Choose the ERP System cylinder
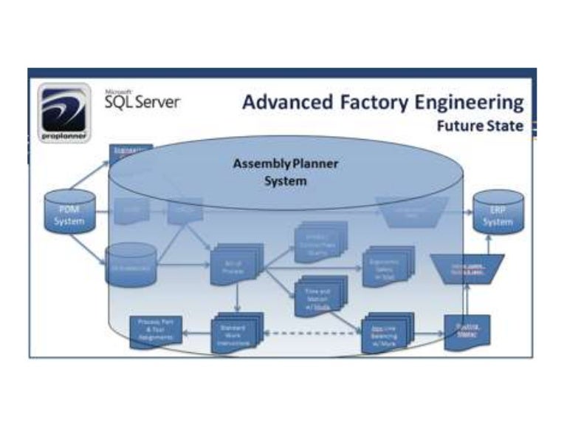[498, 214]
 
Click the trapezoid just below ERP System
[467, 267]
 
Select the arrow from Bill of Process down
[238, 300]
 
